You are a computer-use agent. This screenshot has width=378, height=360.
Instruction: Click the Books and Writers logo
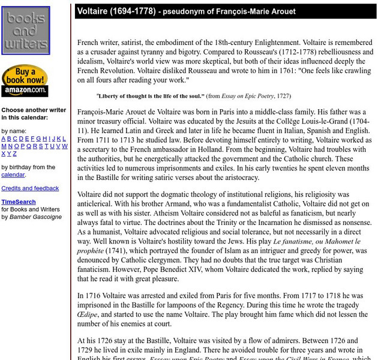click(x=25, y=31)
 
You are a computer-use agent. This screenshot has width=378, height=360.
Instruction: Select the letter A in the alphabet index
click(x=4, y=139)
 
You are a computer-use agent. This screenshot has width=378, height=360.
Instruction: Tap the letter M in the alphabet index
click(x=4, y=146)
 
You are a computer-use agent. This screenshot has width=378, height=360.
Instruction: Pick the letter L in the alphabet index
click(x=64, y=139)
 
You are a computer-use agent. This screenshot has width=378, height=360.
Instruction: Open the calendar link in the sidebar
click(x=13, y=175)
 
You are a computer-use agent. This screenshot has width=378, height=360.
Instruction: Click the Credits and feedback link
click(x=30, y=188)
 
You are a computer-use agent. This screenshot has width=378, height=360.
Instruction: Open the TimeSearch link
click(x=18, y=202)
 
